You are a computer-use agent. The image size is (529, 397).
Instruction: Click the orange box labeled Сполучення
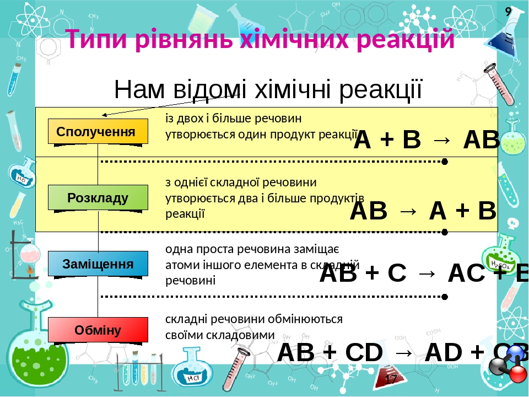tap(98, 131)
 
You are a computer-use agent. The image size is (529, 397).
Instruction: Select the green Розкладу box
tap(98, 197)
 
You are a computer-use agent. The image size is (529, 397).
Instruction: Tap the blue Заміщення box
tap(98, 264)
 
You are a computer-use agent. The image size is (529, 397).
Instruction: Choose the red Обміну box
tap(98, 330)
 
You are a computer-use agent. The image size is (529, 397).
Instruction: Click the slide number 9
tap(508, 10)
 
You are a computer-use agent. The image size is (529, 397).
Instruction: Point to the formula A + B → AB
tap(426, 140)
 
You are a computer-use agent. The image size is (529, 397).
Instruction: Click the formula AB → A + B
tap(423, 211)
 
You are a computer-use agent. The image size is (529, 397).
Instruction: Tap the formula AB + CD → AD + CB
tap(402, 352)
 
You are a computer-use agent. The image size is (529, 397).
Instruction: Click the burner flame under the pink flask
tap(26, 270)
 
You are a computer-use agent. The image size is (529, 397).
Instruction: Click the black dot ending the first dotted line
tap(445, 162)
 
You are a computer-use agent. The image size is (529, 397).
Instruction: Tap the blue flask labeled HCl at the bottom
tap(192, 372)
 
